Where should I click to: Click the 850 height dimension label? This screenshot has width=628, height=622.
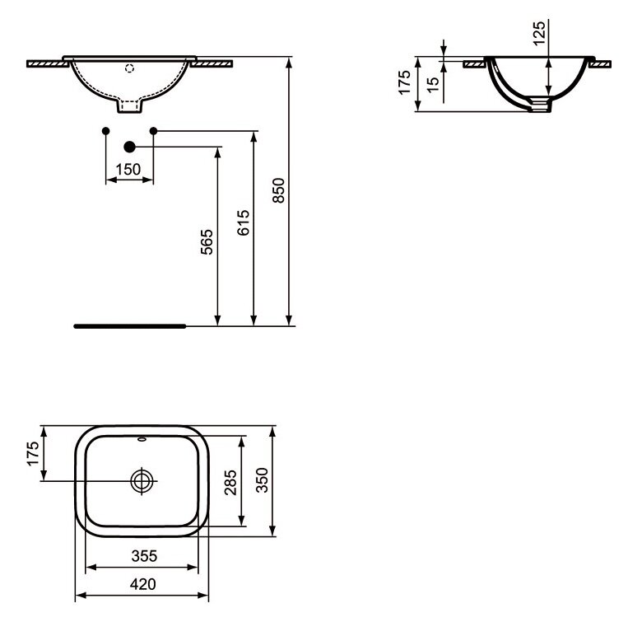(278, 190)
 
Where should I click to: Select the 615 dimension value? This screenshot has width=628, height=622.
(243, 222)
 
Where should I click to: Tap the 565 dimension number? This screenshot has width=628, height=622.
(207, 241)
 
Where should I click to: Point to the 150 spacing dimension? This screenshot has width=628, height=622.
(128, 170)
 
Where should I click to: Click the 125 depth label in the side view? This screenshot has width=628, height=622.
(539, 33)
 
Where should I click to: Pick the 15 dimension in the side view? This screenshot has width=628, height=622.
(433, 85)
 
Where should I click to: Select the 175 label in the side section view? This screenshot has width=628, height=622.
(404, 82)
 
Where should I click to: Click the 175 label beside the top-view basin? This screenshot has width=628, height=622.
(33, 453)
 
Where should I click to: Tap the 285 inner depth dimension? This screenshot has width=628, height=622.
(230, 483)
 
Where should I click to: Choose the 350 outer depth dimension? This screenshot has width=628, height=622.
(262, 479)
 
